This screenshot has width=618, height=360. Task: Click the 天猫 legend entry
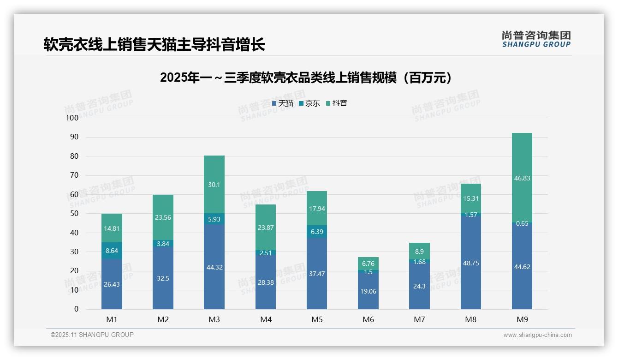tap(283, 103)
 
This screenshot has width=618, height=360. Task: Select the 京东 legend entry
tap(309, 103)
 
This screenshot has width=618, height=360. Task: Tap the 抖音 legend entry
tap(337, 103)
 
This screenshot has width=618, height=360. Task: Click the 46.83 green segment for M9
tap(522, 178)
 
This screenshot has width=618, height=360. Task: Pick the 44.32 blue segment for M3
tap(214, 267)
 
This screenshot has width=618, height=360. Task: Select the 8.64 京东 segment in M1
tap(112, 251)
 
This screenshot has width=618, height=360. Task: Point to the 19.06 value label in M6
tap(368, 291)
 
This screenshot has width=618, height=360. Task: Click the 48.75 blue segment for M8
tap(470, 263)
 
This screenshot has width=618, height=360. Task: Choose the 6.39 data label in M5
tap(317, 232)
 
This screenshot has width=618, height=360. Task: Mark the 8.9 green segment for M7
tap(419, 252)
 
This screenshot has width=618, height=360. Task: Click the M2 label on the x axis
tap(163, 319)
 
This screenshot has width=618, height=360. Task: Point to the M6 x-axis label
tap(368, 319)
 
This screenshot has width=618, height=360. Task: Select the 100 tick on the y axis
tap(72, 118)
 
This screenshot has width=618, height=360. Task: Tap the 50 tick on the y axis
tap(74, 214)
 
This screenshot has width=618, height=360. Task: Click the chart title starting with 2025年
tap(306, 78)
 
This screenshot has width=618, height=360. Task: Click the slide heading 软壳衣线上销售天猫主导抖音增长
tap(154, 45)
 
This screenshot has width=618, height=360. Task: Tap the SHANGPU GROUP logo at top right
tap(536, 39)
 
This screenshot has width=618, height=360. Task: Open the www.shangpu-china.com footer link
tap(537, 335)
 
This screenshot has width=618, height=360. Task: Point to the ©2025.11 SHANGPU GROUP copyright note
tap(92, 335)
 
